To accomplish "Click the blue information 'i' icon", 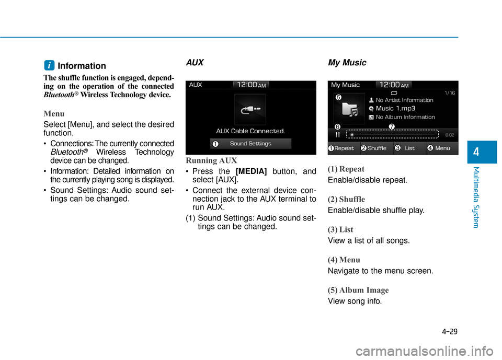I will (48, 65).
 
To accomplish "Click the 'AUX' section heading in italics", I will (195, 62).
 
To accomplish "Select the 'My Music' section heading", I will (347, 63).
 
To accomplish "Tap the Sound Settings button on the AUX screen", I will (250, 144).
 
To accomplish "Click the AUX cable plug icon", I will (250, 109).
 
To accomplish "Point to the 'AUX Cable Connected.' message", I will (250, 131).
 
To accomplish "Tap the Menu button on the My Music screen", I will (442, 148).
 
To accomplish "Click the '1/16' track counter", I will (449, 92).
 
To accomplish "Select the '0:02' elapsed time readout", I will (449, 135).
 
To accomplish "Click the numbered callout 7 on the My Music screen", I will (391, 126).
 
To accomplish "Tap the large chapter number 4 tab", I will (478, 152).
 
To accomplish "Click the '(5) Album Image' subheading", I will (358, 290).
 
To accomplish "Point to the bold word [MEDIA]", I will (252, 171).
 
